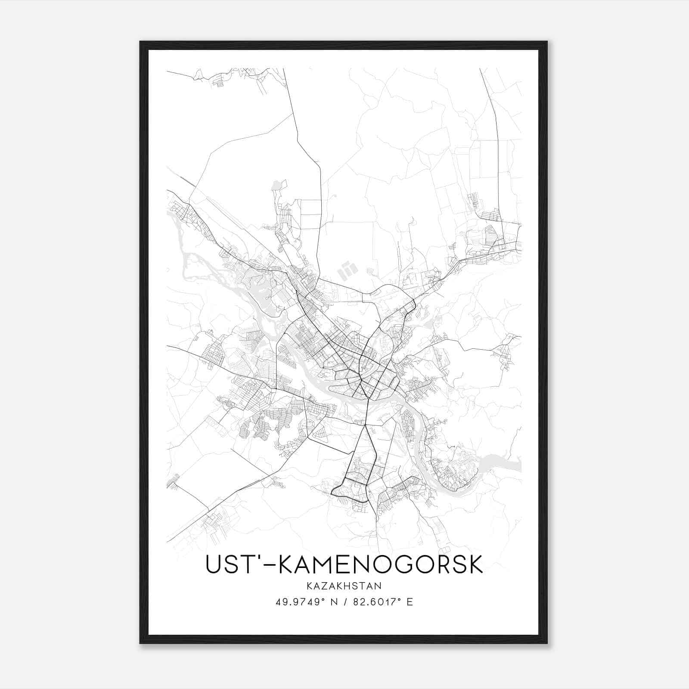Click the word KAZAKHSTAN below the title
(344, 586)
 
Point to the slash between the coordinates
(344, 602)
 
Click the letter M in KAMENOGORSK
(321, 565)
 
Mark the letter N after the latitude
(334, 602)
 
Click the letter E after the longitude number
(410, 602)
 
